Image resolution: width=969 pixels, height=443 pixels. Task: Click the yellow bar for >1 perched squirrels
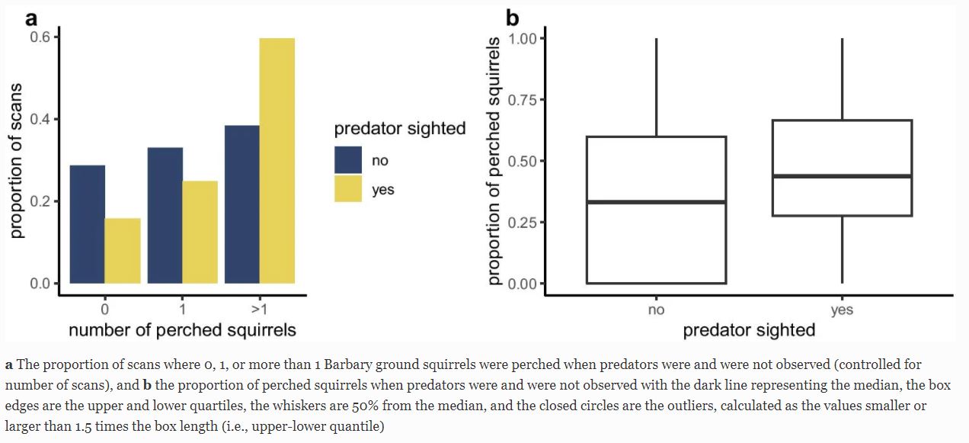click(x=277, y=161)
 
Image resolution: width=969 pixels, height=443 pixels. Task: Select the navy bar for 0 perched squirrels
click(x=88, y=224)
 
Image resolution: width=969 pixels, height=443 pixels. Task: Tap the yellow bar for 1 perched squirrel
click(x=200, y=232)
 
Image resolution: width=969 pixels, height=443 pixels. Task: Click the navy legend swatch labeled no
click(x=348, y=160)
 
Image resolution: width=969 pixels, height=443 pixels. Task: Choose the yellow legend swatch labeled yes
click(x=348, y=189)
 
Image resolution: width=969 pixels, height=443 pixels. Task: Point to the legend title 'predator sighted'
click(x=400, y=128)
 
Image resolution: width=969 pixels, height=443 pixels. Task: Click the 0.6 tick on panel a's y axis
click(x=39, y=37)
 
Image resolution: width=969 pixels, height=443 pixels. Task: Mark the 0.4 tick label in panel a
click(x=39, y=120)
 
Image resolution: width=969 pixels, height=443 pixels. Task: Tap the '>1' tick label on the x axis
click(x=259, y=310)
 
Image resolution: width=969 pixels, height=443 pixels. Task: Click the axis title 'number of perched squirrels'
click(x=182, y=330)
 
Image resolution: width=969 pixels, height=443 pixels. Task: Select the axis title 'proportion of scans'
click(x=17, y=160)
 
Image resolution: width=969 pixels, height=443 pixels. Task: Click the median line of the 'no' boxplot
click(x=656, y=202)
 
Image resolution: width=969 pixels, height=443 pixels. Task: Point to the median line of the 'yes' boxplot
click(x=842, y=176)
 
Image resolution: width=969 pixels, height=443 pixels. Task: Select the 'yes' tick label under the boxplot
click(x=842, y=310)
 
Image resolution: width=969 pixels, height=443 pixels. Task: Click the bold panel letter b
click(x=513, y=16)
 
